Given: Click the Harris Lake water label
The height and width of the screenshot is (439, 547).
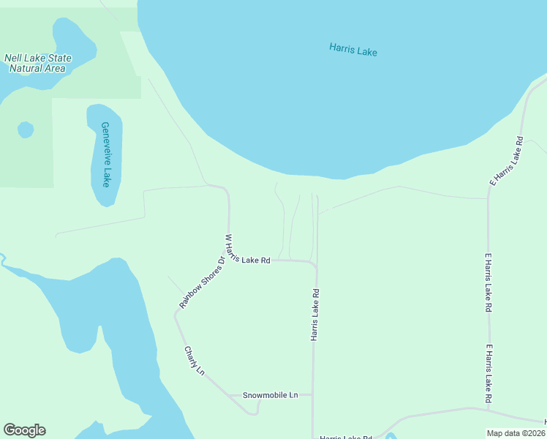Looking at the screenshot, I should coord(353,50).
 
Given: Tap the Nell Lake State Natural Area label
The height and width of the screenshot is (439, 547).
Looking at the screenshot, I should coord(37,63).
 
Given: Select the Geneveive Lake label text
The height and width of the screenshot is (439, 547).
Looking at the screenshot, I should coord(107,154).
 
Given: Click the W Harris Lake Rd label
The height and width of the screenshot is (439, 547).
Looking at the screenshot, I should coord(248,252).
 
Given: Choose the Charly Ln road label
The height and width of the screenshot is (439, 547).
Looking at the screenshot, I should coord(194,361).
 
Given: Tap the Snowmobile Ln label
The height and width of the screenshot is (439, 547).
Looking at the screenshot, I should coord(271,395).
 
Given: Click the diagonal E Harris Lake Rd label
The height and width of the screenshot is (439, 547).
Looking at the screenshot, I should coord(508,160).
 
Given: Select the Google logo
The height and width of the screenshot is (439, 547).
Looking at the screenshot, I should coord(24,430).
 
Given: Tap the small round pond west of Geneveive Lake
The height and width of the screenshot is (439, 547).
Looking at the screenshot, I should coord(26,130).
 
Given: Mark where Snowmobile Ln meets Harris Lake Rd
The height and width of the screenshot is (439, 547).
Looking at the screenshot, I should coord(313,395).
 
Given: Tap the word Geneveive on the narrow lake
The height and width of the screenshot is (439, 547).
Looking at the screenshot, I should coord(107,144).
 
